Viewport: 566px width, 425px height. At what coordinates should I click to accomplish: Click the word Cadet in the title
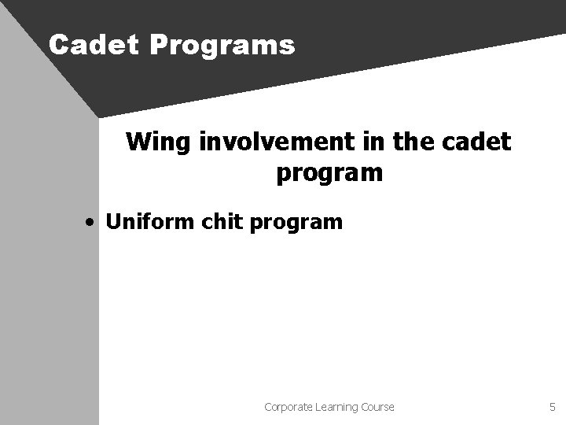click(x=93, y=45)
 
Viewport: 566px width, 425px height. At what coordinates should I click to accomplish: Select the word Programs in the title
click(x=221, y=46)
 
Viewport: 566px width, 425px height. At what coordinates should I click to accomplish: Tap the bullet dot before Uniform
click(x=92, y=223)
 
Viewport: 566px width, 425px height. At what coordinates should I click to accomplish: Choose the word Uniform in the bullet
click(x=150, y=222)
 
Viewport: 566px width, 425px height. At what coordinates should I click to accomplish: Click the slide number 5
click(x=553, y=407)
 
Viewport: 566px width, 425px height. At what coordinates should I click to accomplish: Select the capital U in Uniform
click(x=112, y=222)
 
